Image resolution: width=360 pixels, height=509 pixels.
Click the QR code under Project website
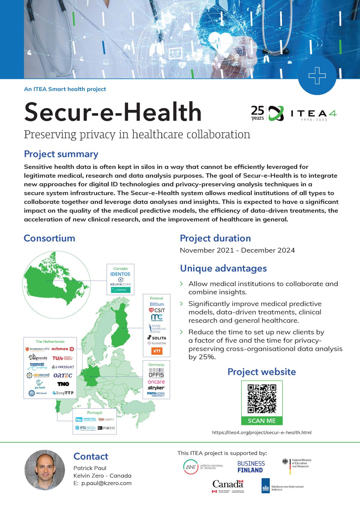[262, 398]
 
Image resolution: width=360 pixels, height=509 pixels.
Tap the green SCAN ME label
[262, 421]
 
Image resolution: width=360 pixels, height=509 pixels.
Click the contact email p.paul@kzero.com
[106, 483]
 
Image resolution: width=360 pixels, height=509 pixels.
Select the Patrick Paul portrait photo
[45, 470]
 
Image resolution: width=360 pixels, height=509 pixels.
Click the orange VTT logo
[157, 351]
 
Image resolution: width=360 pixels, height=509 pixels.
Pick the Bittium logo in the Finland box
[157, 304]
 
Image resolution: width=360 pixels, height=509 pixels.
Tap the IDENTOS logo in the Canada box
[120, 274]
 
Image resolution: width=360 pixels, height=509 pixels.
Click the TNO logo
[63, 384]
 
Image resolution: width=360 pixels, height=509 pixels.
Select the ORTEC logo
[63, 375]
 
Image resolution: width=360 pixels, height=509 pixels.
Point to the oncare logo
[156, 382]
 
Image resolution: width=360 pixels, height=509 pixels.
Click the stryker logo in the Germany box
[156, 388]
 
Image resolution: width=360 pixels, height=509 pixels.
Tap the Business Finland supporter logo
[251, 467]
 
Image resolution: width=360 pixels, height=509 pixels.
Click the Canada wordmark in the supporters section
[228, 484]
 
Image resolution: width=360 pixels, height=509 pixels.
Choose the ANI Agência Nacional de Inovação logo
[203, 467]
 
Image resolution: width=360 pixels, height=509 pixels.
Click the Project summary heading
[61, 154]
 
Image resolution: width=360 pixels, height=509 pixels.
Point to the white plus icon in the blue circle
[317, 76]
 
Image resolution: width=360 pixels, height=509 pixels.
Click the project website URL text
[262, 432]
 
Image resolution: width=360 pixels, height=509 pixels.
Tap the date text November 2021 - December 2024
[237, 250]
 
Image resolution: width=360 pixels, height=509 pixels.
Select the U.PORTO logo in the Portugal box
[106, 428]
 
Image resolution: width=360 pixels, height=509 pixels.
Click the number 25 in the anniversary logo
[257, 110]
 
